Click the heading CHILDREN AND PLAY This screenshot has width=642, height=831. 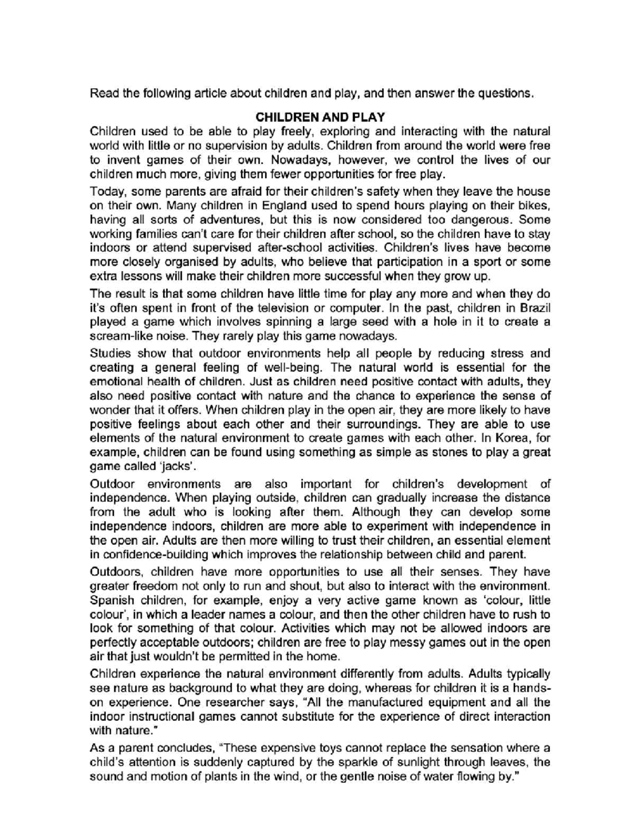319,117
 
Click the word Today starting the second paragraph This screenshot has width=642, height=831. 106,192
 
